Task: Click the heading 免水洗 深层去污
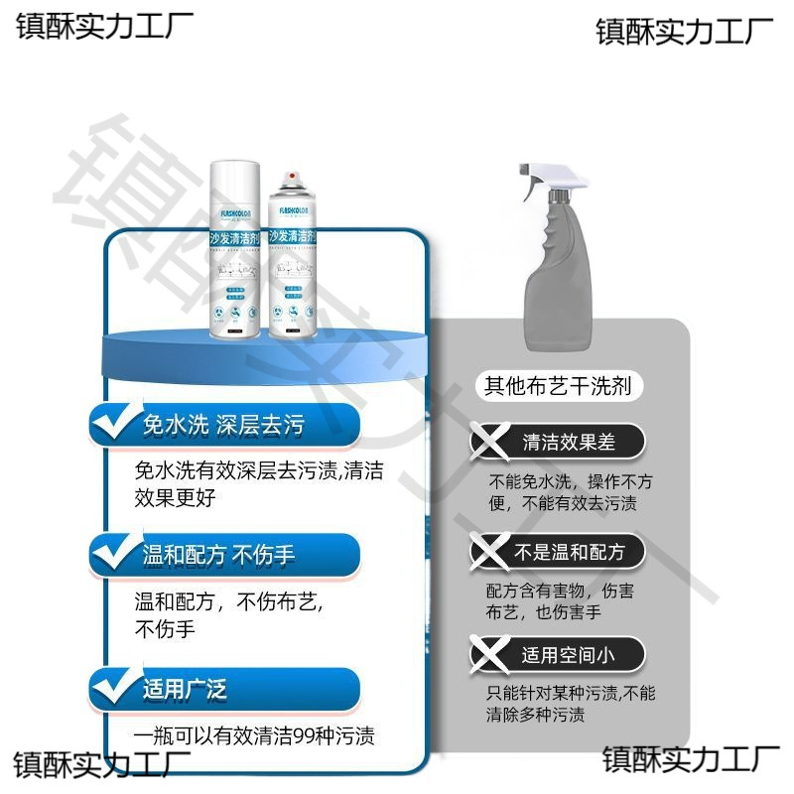coord(223,426)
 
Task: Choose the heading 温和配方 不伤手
coord(219,555)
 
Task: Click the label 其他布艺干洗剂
coord(557,386)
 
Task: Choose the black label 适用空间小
coord(569,655)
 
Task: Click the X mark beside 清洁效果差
coord(486,440)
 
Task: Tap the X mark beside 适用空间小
coord(486,653)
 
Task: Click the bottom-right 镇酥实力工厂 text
coord(692,760)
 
